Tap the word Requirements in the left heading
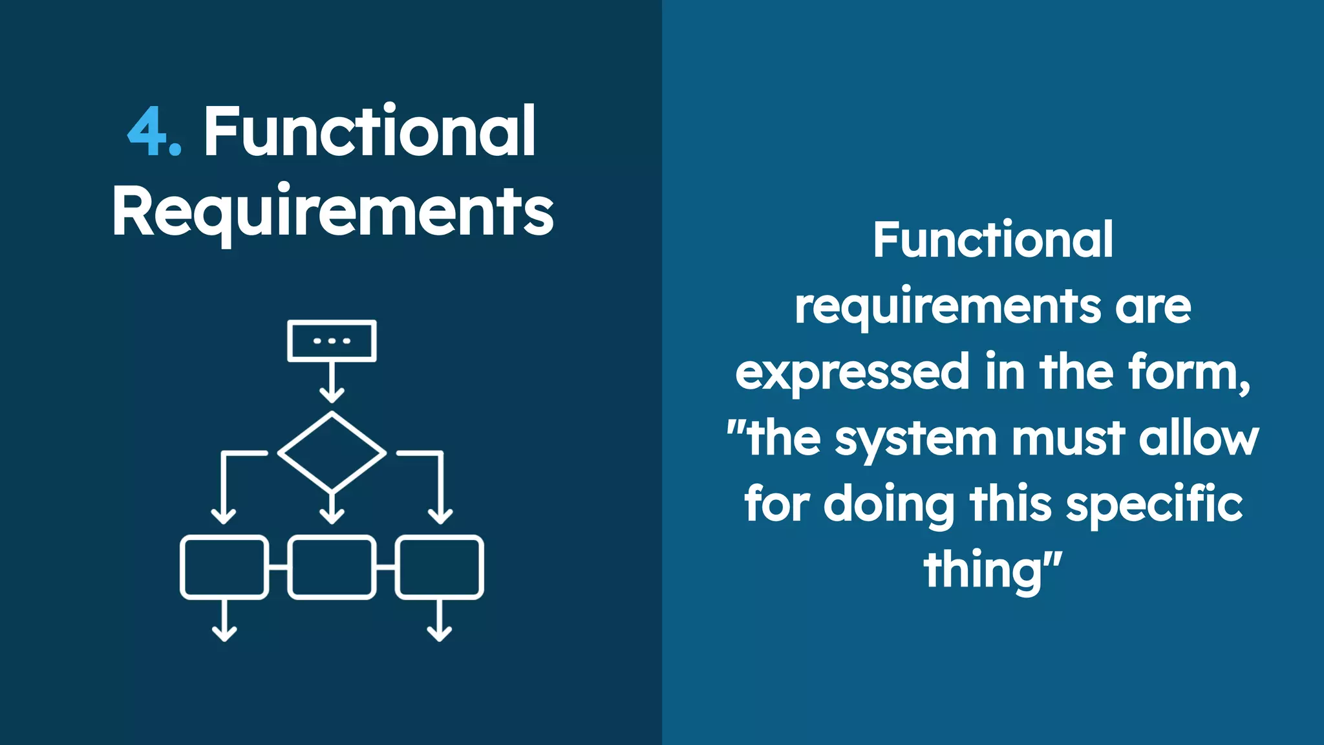(x=332, y=212)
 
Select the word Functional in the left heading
(x=370, y=131)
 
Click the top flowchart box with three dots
(x=332, y=341)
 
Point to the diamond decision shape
(x=332, y=452)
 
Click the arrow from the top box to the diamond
(x=332, y=382)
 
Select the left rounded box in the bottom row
(x=224, y=567)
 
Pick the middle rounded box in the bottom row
(x=332, y=567)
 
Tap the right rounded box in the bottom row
(x=440, y=567)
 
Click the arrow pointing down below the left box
(x=224, y=621)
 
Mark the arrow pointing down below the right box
(x=440, y=621)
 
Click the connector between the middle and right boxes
(x=385, y=567)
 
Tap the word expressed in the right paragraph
(x=852, y=373)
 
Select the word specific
(x=1154, y=504)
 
